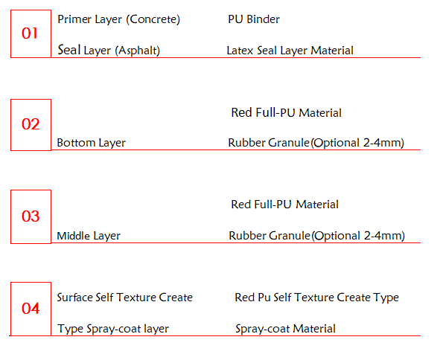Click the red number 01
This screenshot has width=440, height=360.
pos(30,33)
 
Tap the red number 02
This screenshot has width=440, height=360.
pos(31,124)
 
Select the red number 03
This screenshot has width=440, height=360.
pos(31,216)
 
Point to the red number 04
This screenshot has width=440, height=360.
pos(31,309)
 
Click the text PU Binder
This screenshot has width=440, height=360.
pos(254,19)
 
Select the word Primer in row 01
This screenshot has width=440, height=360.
pos(74,19)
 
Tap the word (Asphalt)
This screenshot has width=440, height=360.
pos(137,51)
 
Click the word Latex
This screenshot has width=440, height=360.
pos(240,51)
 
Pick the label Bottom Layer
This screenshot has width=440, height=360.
pos(91,143)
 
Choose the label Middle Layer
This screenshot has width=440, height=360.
pos(89,236)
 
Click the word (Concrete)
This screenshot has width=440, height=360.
pos(153,19)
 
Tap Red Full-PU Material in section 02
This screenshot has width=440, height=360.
pos(286,113)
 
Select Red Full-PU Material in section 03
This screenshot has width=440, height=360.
pos(284,205)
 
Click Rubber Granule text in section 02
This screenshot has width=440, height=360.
pos(269,143)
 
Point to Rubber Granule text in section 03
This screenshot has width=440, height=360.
pos(270,236)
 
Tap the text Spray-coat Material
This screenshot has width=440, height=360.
pos(285,329)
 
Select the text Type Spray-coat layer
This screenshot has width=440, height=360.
pos(113,329)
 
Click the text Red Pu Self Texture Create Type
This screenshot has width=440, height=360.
pos(317,298)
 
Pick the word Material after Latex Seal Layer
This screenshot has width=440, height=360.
pos(332,51)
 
